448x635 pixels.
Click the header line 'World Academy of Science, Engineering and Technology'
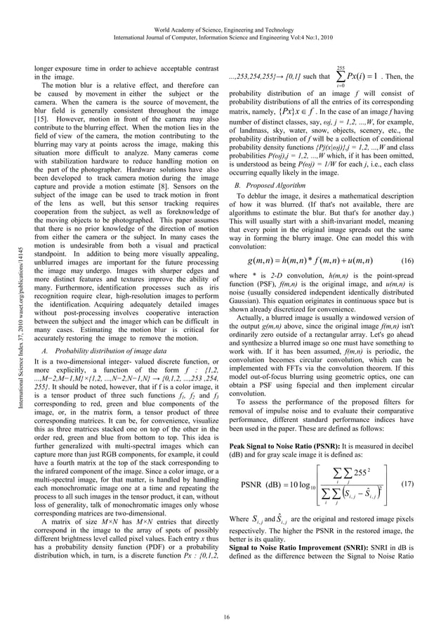tap(224, 13)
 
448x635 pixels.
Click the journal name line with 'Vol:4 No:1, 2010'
tap(224, 23)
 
